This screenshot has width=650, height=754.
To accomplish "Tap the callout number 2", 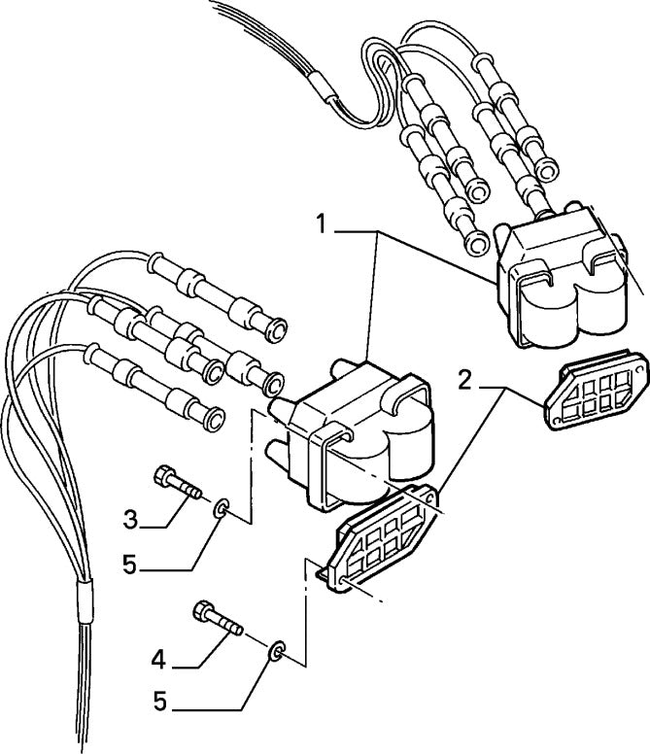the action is (464, 381).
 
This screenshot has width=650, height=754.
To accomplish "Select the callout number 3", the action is (130, 520).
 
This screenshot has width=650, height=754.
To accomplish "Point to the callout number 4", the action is (158, 660).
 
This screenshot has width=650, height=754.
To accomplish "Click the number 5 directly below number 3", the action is (130, 565).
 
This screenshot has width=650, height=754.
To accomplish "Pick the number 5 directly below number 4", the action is (160, 702).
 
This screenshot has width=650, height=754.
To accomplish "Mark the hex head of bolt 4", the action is (203, 611).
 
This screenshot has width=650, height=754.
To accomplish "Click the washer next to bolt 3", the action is (222, 508).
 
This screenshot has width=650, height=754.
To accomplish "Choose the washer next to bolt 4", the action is (277, 650).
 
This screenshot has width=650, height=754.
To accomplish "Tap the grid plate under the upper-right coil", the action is (597, 391).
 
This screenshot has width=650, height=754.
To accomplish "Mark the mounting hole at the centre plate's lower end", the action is (342, 580).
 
